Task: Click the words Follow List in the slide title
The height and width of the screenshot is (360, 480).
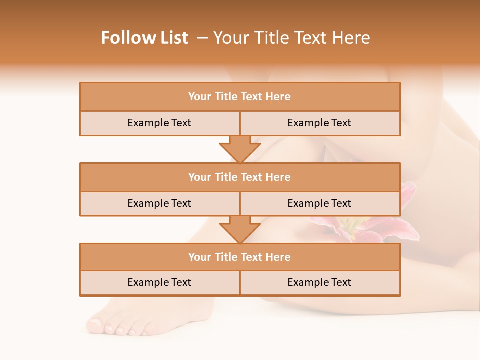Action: coord(144,38)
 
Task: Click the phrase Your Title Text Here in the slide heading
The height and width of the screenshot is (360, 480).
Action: coord(291,38)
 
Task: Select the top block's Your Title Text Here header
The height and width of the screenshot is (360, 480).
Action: coord(239,97)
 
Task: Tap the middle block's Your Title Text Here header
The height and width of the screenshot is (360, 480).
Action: coord(239,177)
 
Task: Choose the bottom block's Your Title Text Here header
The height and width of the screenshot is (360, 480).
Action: coord(239,257)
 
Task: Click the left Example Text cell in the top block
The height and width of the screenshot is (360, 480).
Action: coord(159,123)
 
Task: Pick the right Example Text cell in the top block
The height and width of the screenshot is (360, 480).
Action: coord(319,123)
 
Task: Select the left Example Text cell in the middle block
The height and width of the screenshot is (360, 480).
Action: coord(159,203)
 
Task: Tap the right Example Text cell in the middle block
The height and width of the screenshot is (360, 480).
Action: coord(319,203)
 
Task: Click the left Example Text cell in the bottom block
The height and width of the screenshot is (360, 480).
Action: coord(159,282)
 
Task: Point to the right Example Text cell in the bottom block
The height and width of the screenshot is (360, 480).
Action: coord(319,282)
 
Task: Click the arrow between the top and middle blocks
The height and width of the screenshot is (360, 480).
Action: coord(240,149)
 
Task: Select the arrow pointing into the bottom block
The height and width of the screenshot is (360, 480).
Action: coord(240,230)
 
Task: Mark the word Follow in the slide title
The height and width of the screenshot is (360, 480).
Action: coord(126,38)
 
